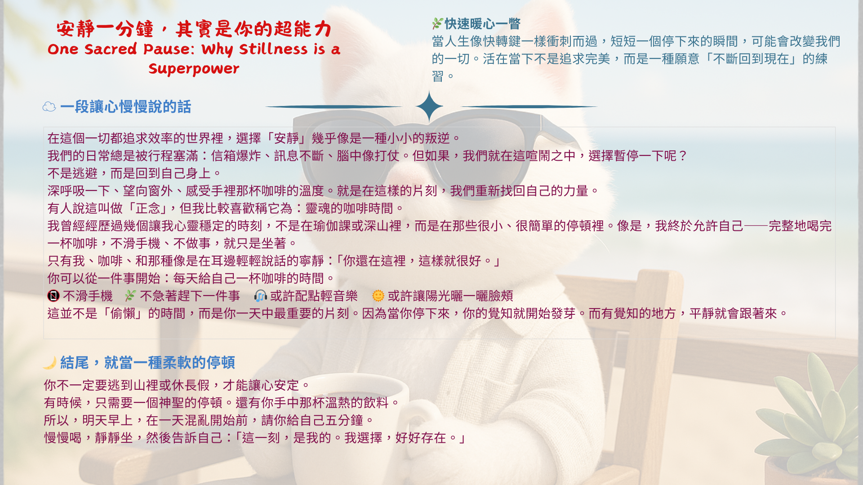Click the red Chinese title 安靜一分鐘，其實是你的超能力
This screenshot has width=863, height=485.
pyautogui.click(x=194, y=29)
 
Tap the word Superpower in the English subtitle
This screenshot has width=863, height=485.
pyautogui.click(x=194, y=69)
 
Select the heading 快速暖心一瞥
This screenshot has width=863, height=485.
pyautogui.click(x=482, y=23)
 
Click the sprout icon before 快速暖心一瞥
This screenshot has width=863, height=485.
pyautogui.click(x=437, y=23)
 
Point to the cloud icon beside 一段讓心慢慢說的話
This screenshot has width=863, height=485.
pyautogui.click(x=49, y=107)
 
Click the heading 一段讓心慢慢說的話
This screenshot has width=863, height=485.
pyautogui.click(x=125, y=107)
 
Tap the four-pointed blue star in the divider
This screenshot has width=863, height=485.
pyautogui.click(x=429, y=106)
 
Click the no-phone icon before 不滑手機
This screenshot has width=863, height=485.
pyautogui.click(x=53, y=295)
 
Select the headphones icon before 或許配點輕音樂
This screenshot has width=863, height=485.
pyautogui.click(x=261, y=295)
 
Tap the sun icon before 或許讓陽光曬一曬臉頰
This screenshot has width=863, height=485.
pyautogui.click(x=378, y=295)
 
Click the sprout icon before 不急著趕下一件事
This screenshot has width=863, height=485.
pyautogui.click(x=130, y=295)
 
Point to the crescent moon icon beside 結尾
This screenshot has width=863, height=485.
pyautogui.click(x=49, y=362)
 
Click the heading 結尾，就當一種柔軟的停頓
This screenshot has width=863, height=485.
pyautogui.click(x=147, y=362)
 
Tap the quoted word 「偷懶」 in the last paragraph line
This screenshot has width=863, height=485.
pyautogui.click(x=123, y=313)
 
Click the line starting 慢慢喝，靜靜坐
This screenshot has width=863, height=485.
pyautogui.click(x=255, y=438)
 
